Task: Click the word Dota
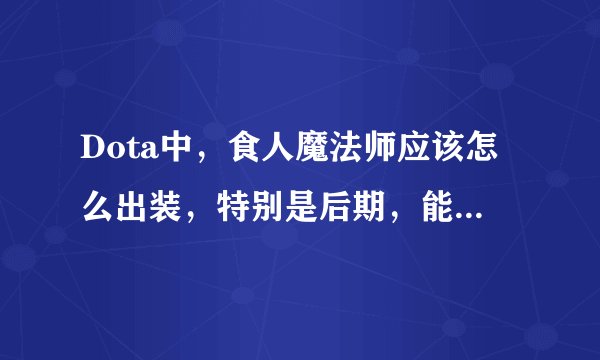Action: coord(109,156)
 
